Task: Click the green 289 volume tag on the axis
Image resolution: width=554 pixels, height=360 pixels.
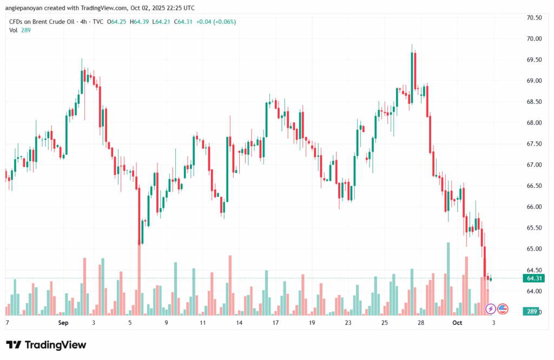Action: pyautogui.click(x=531, y=311)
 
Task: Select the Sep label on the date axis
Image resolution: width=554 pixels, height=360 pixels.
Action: pyautogui.click(x=63, y=323)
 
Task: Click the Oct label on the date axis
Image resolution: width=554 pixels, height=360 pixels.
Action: pyautogui.click(x=458, y=323)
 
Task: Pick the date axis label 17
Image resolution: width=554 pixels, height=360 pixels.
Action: pyautogui.click(x=275, y=323)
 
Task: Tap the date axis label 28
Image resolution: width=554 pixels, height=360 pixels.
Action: pyautogui.click(x=420, y=323)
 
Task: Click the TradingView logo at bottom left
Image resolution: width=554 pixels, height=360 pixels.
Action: pyautogui.click(x=45, y=345)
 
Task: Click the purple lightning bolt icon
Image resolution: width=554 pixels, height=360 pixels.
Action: pyautogui.click(x=491, y=309)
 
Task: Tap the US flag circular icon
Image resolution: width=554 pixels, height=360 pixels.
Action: pyautogui.click(x=503, y=309)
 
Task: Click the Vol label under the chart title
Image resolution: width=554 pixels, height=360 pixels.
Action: pyautogui.click(x=13, y=30)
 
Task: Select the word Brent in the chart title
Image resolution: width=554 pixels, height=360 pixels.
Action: pyautogui.click(x=42, y=22)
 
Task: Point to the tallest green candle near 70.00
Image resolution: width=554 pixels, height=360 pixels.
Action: pyautogui.click(x=413, y=70)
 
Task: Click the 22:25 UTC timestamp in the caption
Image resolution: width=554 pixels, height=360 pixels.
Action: pyautogui.click(x=181, y=8)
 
